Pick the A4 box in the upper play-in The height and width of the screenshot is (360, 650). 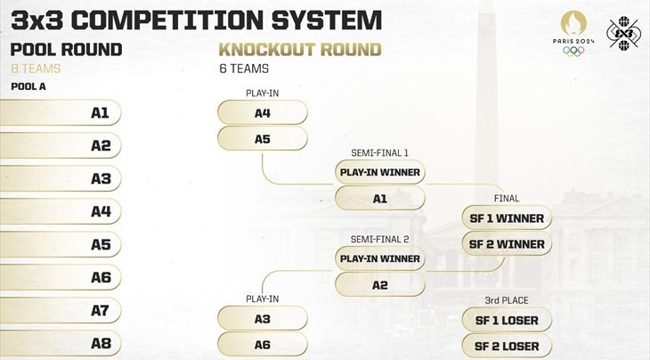(x=262, y=113)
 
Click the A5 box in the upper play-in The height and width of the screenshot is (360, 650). (x=262, y=139)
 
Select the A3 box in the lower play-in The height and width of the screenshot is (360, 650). (x=262, y=319)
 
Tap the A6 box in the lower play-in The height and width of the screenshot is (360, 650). (x=262, y=344)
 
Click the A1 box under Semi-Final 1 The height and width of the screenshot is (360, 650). (x=379, y=198)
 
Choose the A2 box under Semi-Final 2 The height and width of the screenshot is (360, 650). (x=379, y=284)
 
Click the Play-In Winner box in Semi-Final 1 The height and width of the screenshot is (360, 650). (x=379, y=172)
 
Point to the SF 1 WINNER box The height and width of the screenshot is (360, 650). (x=507, y=217)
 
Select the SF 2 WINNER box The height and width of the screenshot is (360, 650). (x=507, y=243)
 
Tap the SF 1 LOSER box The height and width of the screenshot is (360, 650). (x=507, y=320)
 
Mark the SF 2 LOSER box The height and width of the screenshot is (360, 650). (x=507, y=345)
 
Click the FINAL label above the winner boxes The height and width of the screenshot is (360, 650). (x=506, y=198)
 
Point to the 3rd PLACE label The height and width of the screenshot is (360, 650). (x=506, y=300)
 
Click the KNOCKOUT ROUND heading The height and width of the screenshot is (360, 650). (x=300, y=50)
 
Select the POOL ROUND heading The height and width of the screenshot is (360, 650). (x=66, y=50)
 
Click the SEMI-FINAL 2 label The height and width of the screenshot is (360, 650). (x=379, y=240)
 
